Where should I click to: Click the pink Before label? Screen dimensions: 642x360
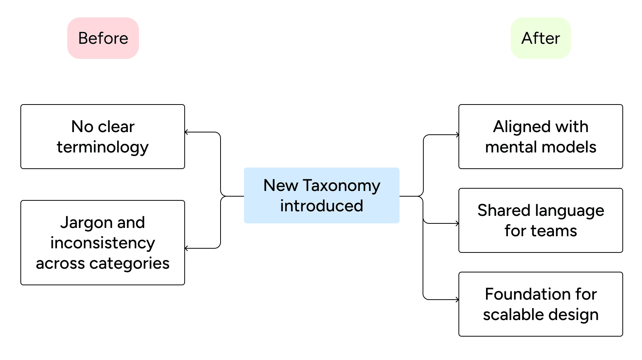[x=103, y=38]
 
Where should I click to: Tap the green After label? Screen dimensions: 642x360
[x=540, y=38]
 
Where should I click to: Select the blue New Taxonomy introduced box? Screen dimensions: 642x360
[x=322, y=195]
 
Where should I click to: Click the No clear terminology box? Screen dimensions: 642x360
[x=103, y=137]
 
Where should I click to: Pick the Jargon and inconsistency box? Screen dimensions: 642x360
[x=103, y=243]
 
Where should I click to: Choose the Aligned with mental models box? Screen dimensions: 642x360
[x=540, y=137]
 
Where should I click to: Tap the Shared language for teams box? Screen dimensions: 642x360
[x=540, y=220]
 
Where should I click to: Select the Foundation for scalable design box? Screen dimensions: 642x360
[x=540, y=304]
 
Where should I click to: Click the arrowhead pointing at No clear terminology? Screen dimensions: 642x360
[x=186, y=132]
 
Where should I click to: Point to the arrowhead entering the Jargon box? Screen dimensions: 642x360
[x=186, y=248]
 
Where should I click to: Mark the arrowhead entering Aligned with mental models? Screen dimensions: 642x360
[x=457, y=135]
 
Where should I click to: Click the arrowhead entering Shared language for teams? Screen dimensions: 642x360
[x=457, y=223]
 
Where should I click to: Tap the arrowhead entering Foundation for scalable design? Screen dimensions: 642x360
[x=457, y=300]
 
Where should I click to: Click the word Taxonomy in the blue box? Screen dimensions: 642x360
[x=341, y=186]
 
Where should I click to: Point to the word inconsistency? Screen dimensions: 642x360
[x=103, y=243]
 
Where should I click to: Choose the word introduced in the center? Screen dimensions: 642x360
[x=322, y=206]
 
